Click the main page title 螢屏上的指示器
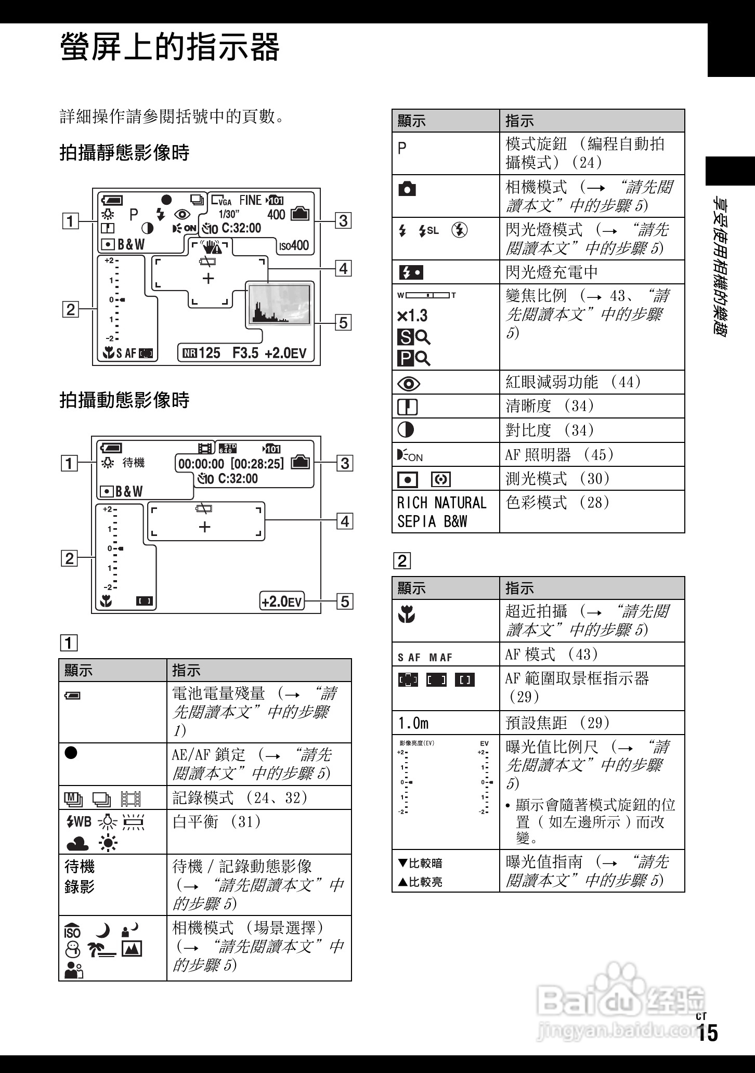tap(170, 47)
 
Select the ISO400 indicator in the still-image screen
tap(294, 245)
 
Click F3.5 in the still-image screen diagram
tap(245, 354)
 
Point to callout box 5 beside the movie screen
tap(344, 602)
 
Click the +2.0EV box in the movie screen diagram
tap(281, 602)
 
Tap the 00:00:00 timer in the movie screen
tap(201, 464)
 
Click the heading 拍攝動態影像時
tap(124, 400)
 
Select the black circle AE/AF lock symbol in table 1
tap(71, 753)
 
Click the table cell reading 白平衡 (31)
tap(217, 822)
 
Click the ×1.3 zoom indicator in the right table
tap(412, 316)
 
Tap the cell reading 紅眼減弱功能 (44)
tap(573, 382)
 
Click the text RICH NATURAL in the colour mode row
tap(441, 503)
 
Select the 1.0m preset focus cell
tap(413, 723)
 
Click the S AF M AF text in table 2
tap(425, 658)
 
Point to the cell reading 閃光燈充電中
tap(552, 272)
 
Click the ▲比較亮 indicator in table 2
tap(420, 882)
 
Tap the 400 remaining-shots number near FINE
tap(276, 215)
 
